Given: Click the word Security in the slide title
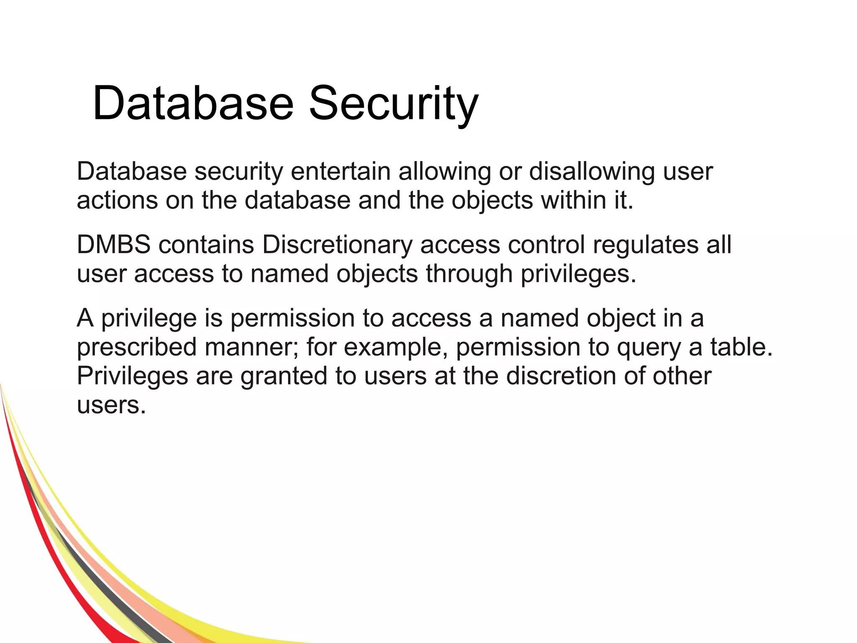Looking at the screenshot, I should (x=393, y=103).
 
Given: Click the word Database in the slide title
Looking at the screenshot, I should (x=193, y=103).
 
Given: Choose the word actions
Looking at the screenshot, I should (x=117, y=200).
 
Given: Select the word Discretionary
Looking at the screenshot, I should (x=337, y=244).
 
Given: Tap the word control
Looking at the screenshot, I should (x=546, y=244).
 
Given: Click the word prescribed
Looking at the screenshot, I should (x=136, y=347).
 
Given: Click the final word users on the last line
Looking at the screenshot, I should (x=111, y=405).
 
